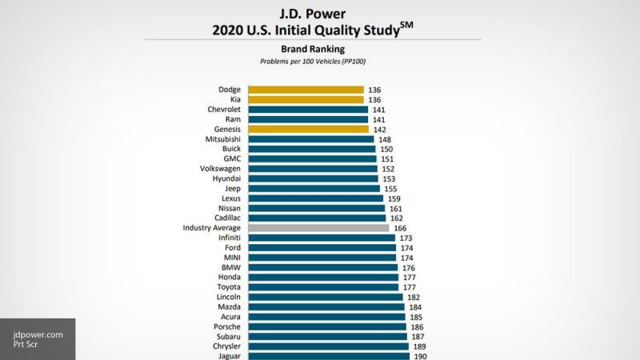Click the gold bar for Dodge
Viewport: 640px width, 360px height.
[306, 90]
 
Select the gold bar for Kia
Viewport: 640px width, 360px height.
[306, 100]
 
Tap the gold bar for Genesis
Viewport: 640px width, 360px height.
[308, 129]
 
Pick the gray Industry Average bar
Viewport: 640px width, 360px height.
[318, 228]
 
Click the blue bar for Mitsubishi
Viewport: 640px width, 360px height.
[310, 139]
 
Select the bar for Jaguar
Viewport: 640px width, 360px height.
[329, 356]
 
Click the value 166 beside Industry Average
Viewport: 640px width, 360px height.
[400, 228]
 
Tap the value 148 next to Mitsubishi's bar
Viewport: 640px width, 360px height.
[386, 139]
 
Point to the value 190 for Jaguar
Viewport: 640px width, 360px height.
[420, 356]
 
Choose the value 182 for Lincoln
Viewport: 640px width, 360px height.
[414, 297]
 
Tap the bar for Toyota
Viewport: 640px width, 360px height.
[323, 287]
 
